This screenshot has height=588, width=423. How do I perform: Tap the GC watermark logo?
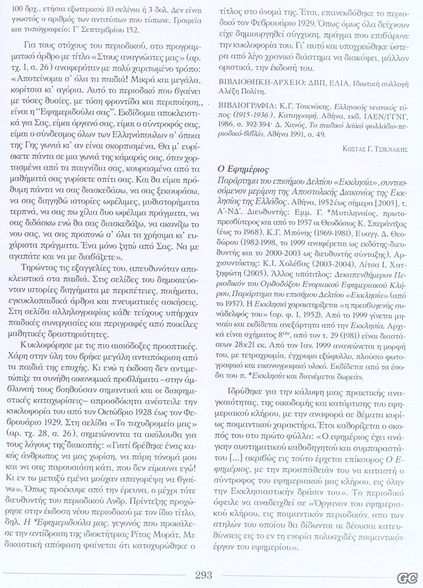pyautogui.click(x=404, y=578)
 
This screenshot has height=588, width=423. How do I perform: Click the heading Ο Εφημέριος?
pyautogui.click(x=243, y=170)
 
